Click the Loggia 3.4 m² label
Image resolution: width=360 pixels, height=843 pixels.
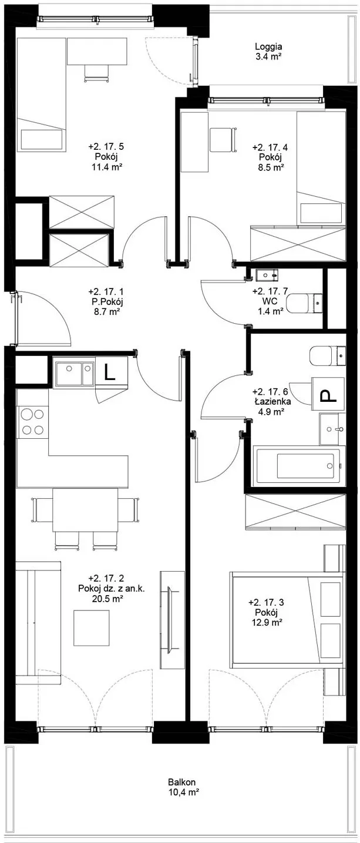pos(268,52)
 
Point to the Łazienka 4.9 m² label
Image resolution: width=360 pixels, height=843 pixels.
pos(271,407)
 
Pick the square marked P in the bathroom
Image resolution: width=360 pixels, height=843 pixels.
pos(328,394)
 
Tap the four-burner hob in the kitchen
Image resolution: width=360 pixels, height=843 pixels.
pos(33,422)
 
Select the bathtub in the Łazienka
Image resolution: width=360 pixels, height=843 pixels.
pos(299,465)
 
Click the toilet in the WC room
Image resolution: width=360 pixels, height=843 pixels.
pos(305,303)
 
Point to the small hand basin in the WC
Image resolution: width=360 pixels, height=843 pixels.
pos(267,276)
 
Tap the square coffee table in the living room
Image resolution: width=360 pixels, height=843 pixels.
pos(92,628)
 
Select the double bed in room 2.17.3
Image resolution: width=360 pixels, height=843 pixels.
pos(288,620)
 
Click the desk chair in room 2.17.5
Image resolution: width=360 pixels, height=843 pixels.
pos(97,73)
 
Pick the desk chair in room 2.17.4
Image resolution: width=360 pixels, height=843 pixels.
pos(223,140)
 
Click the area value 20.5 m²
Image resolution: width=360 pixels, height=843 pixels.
pos(108,599)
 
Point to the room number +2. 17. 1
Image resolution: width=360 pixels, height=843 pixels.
pos(106,291)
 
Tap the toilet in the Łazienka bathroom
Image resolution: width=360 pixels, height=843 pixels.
pos(328,355)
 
